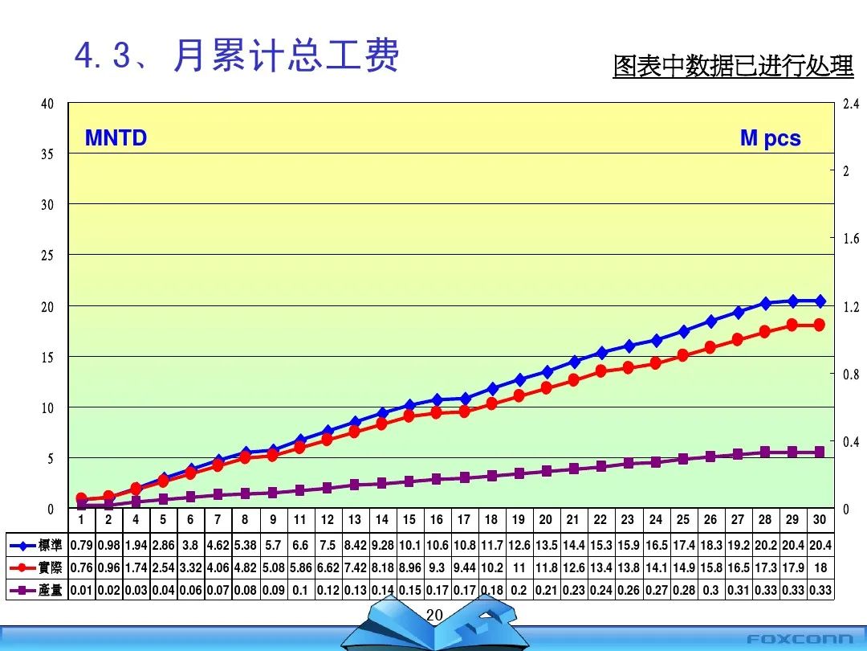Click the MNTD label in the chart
pos(116,138)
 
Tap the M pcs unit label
pos(770,138)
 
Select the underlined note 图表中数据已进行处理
pos(733,67)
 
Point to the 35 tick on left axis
pos(47,154)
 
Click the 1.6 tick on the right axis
pos(850,239)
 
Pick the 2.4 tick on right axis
pos(850,104)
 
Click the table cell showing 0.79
pos(81,546)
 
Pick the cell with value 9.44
pos(463,568)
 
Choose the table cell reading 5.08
pos(273,568)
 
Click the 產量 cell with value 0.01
pos(81,591)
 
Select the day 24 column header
pos(655,520)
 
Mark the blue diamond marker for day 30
pos(820,301)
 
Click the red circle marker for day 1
pos(81,499)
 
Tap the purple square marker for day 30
pos(820,452)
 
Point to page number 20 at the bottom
pos(434,616)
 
